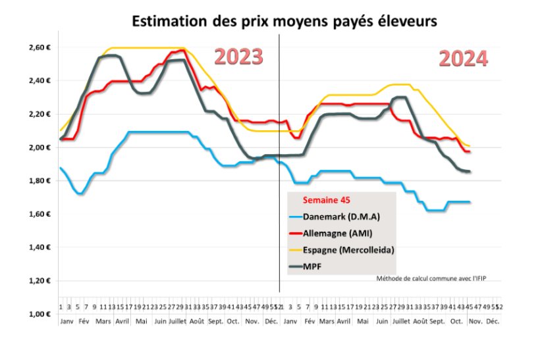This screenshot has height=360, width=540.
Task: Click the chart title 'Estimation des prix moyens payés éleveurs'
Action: tap(284, 21)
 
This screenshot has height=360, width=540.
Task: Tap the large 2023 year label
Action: tap(239, 57)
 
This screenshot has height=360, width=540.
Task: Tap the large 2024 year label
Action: tap(464, 59)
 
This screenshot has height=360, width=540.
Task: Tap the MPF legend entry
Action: tap(313, 267)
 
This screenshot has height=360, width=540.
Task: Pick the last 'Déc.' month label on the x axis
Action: tap(492, 322)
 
